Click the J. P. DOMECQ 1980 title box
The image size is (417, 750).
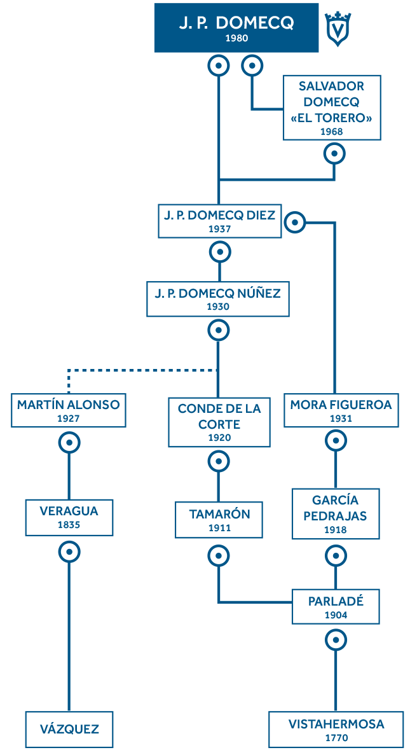pos(236,28)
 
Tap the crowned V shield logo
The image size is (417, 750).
pos(338,29)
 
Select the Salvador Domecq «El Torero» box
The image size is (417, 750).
pos(332,108)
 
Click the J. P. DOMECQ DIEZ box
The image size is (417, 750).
pos(219,221)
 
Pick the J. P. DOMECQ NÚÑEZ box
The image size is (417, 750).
pos(217,299)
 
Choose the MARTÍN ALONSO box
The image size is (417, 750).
pos(69,410)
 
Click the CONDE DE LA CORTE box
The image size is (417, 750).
pos(219,422)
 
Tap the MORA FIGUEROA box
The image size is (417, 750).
pos(341,410)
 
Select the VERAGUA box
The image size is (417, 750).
pos(69,517)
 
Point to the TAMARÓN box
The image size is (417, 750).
pos(219,520)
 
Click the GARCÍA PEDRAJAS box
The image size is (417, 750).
pos(336,513)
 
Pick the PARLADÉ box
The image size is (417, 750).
pos(336,606)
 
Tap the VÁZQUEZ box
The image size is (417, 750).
pos(69,730)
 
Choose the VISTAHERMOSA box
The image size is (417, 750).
pos(336,730)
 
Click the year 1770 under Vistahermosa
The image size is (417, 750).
pos(336,737)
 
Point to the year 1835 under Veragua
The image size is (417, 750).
pos(69,525)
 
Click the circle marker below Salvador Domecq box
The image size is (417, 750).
pos(334,154)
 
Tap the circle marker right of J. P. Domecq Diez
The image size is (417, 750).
pos(295,222)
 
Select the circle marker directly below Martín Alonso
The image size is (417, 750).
pos(69,443)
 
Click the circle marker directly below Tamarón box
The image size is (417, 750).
pos(219,555)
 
